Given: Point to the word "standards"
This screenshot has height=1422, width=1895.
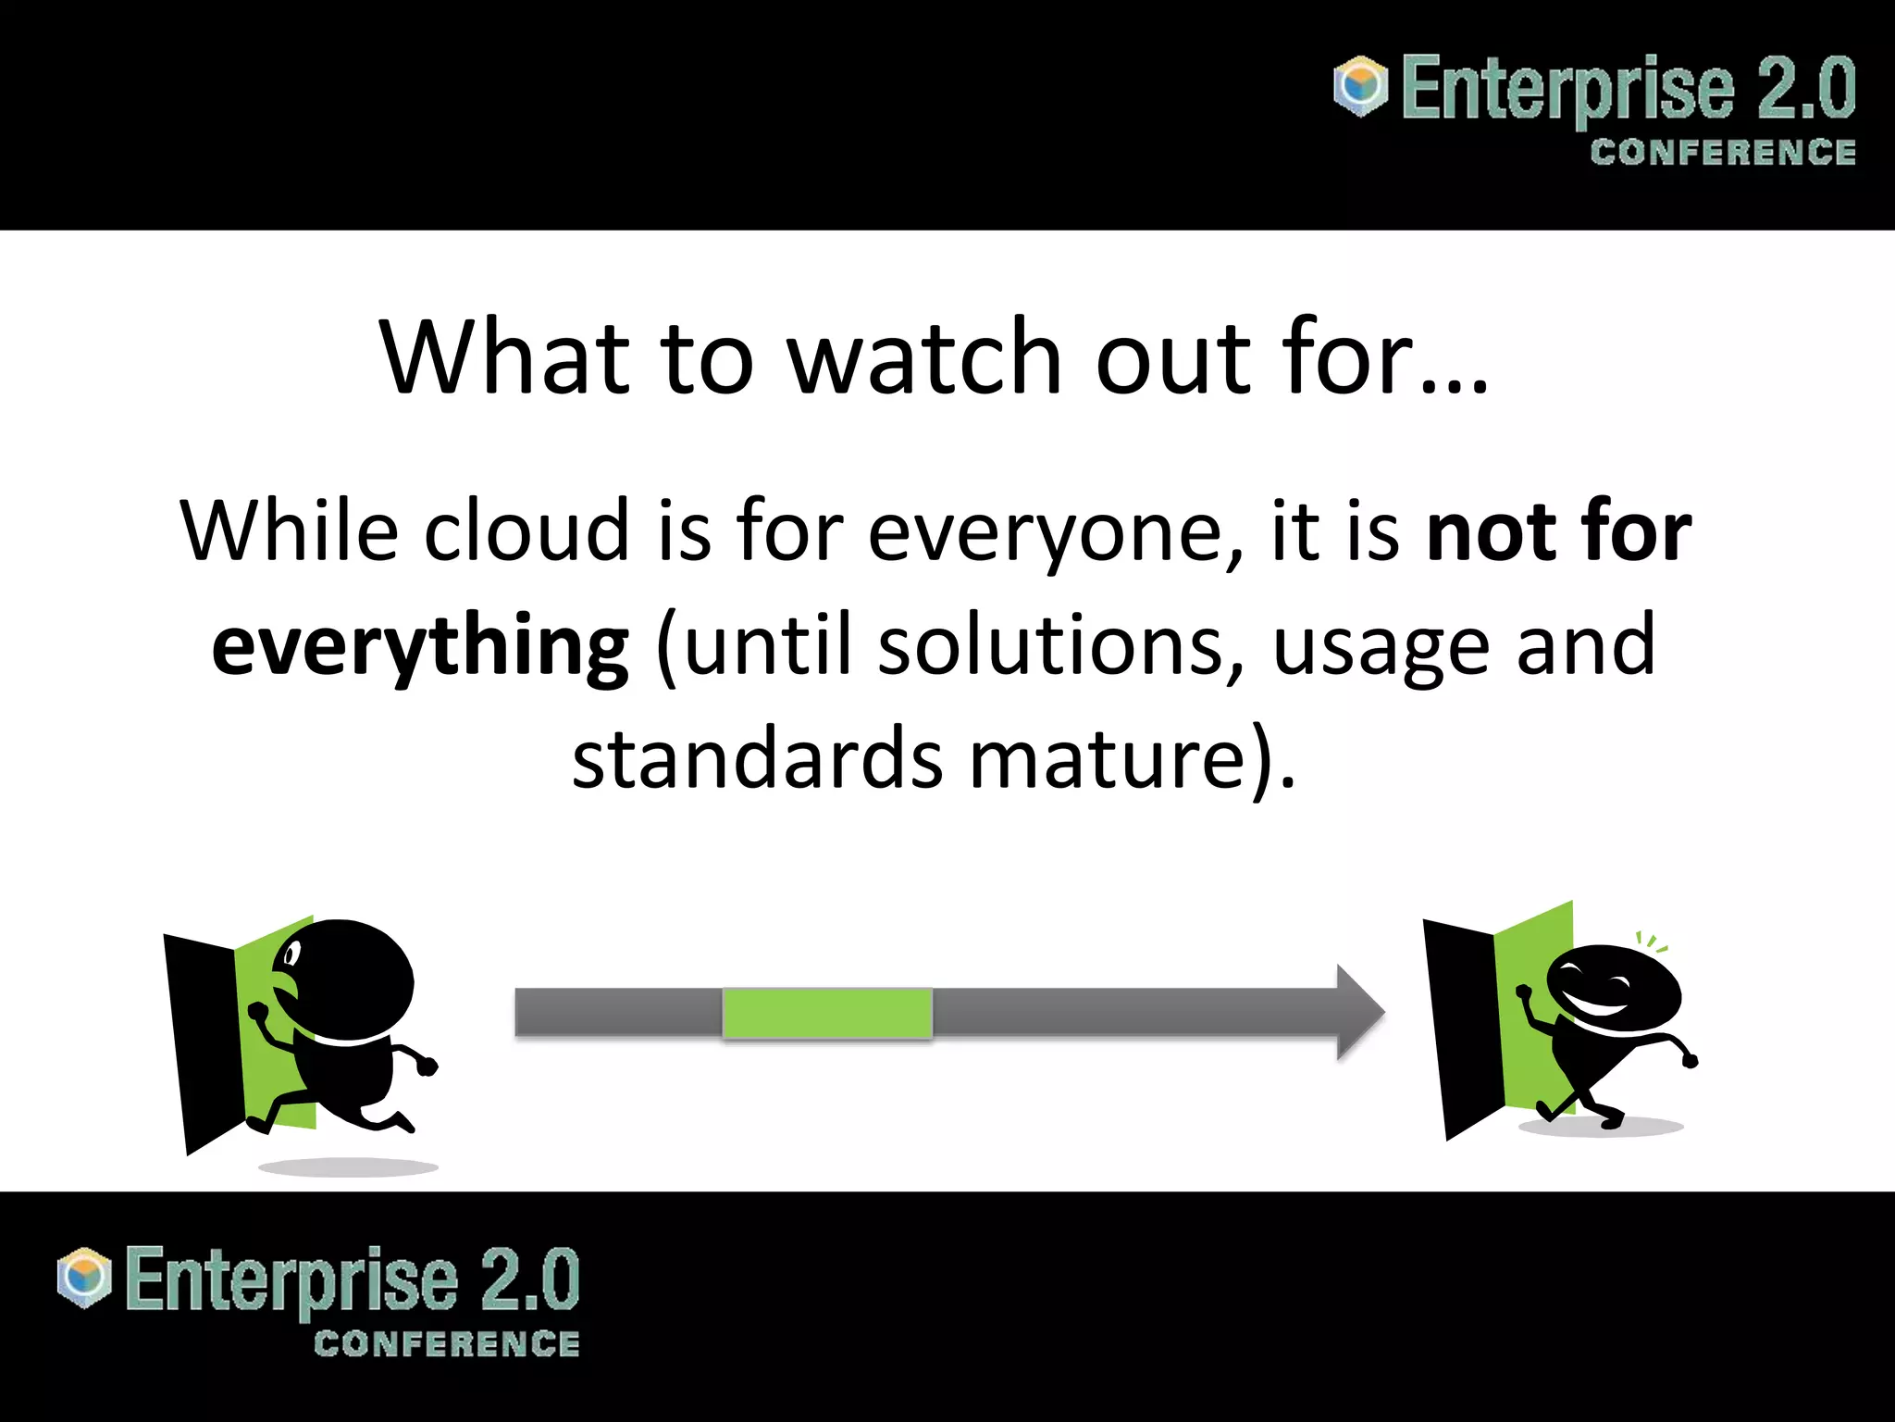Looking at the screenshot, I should point(757,759).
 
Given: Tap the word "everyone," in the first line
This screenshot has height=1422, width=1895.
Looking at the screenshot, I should point(1055,532).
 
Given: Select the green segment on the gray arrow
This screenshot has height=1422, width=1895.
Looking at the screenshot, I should point(826,1013).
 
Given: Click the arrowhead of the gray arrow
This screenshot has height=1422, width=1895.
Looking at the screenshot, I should point(1358,1013).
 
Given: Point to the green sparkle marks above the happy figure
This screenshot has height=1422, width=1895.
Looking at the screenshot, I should point(1652,942).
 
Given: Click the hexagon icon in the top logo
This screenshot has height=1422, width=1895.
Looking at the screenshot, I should point(1360,86).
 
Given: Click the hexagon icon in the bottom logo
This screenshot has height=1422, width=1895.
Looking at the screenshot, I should point(84,1278).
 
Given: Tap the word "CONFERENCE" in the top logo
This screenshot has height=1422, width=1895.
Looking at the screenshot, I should point(1722,153).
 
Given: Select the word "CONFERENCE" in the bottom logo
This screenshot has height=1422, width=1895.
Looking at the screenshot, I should point(446,1344).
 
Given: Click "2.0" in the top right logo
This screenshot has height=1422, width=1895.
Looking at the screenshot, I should point(1805,88).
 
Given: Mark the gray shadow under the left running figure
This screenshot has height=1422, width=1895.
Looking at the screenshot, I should point(348,1167).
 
